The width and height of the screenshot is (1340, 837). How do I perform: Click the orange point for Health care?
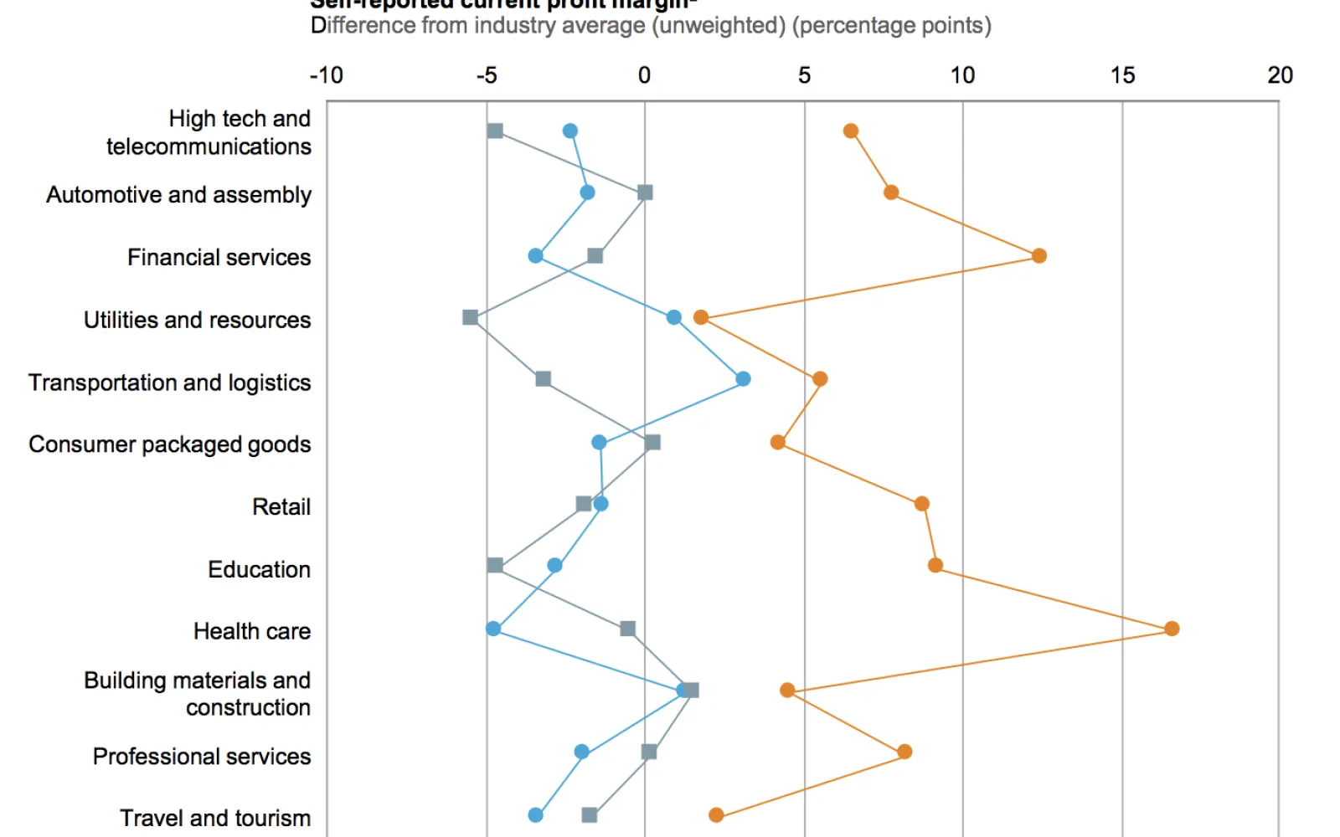pyautogui.click(x=1172, y=629)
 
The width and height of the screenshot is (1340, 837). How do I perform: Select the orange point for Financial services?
pyautogui.click(x=1038, y=255)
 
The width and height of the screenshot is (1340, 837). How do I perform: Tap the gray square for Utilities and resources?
pyautogui.click(x=471, y=317)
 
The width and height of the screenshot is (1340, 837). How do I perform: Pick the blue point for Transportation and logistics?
pyautogui.click(x=743, y=379)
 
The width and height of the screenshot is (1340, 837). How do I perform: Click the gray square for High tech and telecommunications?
pyautogui.click(x=495, y=131)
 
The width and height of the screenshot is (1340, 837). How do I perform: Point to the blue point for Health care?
pyautogui.click(x=493, y=629)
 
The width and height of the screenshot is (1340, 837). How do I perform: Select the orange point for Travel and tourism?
pyautogui.click(x=716, y=815)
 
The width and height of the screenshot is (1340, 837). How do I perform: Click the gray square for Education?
pyautogui.click(x=495, y=566)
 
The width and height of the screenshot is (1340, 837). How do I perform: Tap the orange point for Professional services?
pyautogui.click(x=904, y=752)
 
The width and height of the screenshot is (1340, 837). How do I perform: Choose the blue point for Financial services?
pyautogui.click(x=536, y=255)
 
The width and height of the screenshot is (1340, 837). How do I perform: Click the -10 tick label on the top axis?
pyautogui.click(x=327, y=75)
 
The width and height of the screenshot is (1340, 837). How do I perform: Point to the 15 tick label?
pyautogui.click(x=1122, y=75)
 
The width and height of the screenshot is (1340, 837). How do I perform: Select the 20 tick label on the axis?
pyautogui.click(x=1280, y=75)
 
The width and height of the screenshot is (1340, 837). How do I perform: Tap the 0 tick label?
pyautogui.click(x=644, y=75)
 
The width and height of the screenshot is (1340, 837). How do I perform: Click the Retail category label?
pyautogui.click(x=281, y=506)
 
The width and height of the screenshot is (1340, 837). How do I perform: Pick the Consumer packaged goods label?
pyautogui.click(x=169, y=444)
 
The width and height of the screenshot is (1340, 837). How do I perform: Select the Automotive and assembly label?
pyautogui.click(x=178, y=195)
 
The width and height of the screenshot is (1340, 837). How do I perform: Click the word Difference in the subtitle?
pyautogui.click(x=363, y=26)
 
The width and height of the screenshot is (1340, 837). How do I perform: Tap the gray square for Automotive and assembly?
pyautogui.click(x=645, y=193)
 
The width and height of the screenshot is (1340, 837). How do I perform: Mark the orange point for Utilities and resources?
pyautogui.click(x=701, y=317)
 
